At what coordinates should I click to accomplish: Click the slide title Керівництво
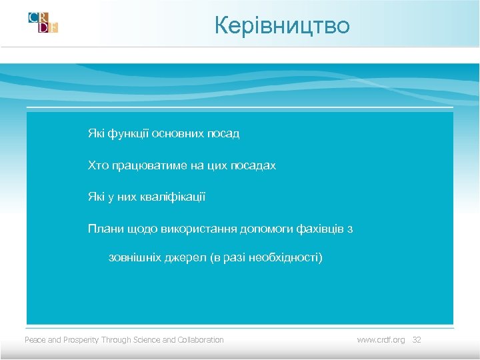coord(282,25)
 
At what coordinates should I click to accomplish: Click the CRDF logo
coord(43,22)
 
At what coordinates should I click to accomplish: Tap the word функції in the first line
coord(128,133)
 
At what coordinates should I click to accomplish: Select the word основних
coord(177,133)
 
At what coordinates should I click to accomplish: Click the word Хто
coord(97,165)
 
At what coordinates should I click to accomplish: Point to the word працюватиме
coord(141,165)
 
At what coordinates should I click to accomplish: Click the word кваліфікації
coord(172,197)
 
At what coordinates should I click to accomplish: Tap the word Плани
coord(103,229)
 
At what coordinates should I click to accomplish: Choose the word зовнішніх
coord(135,257)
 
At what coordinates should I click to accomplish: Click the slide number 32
coord(417,340)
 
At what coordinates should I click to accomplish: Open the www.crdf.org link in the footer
coord(381,340)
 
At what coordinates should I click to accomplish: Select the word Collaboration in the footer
coord(201,340)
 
